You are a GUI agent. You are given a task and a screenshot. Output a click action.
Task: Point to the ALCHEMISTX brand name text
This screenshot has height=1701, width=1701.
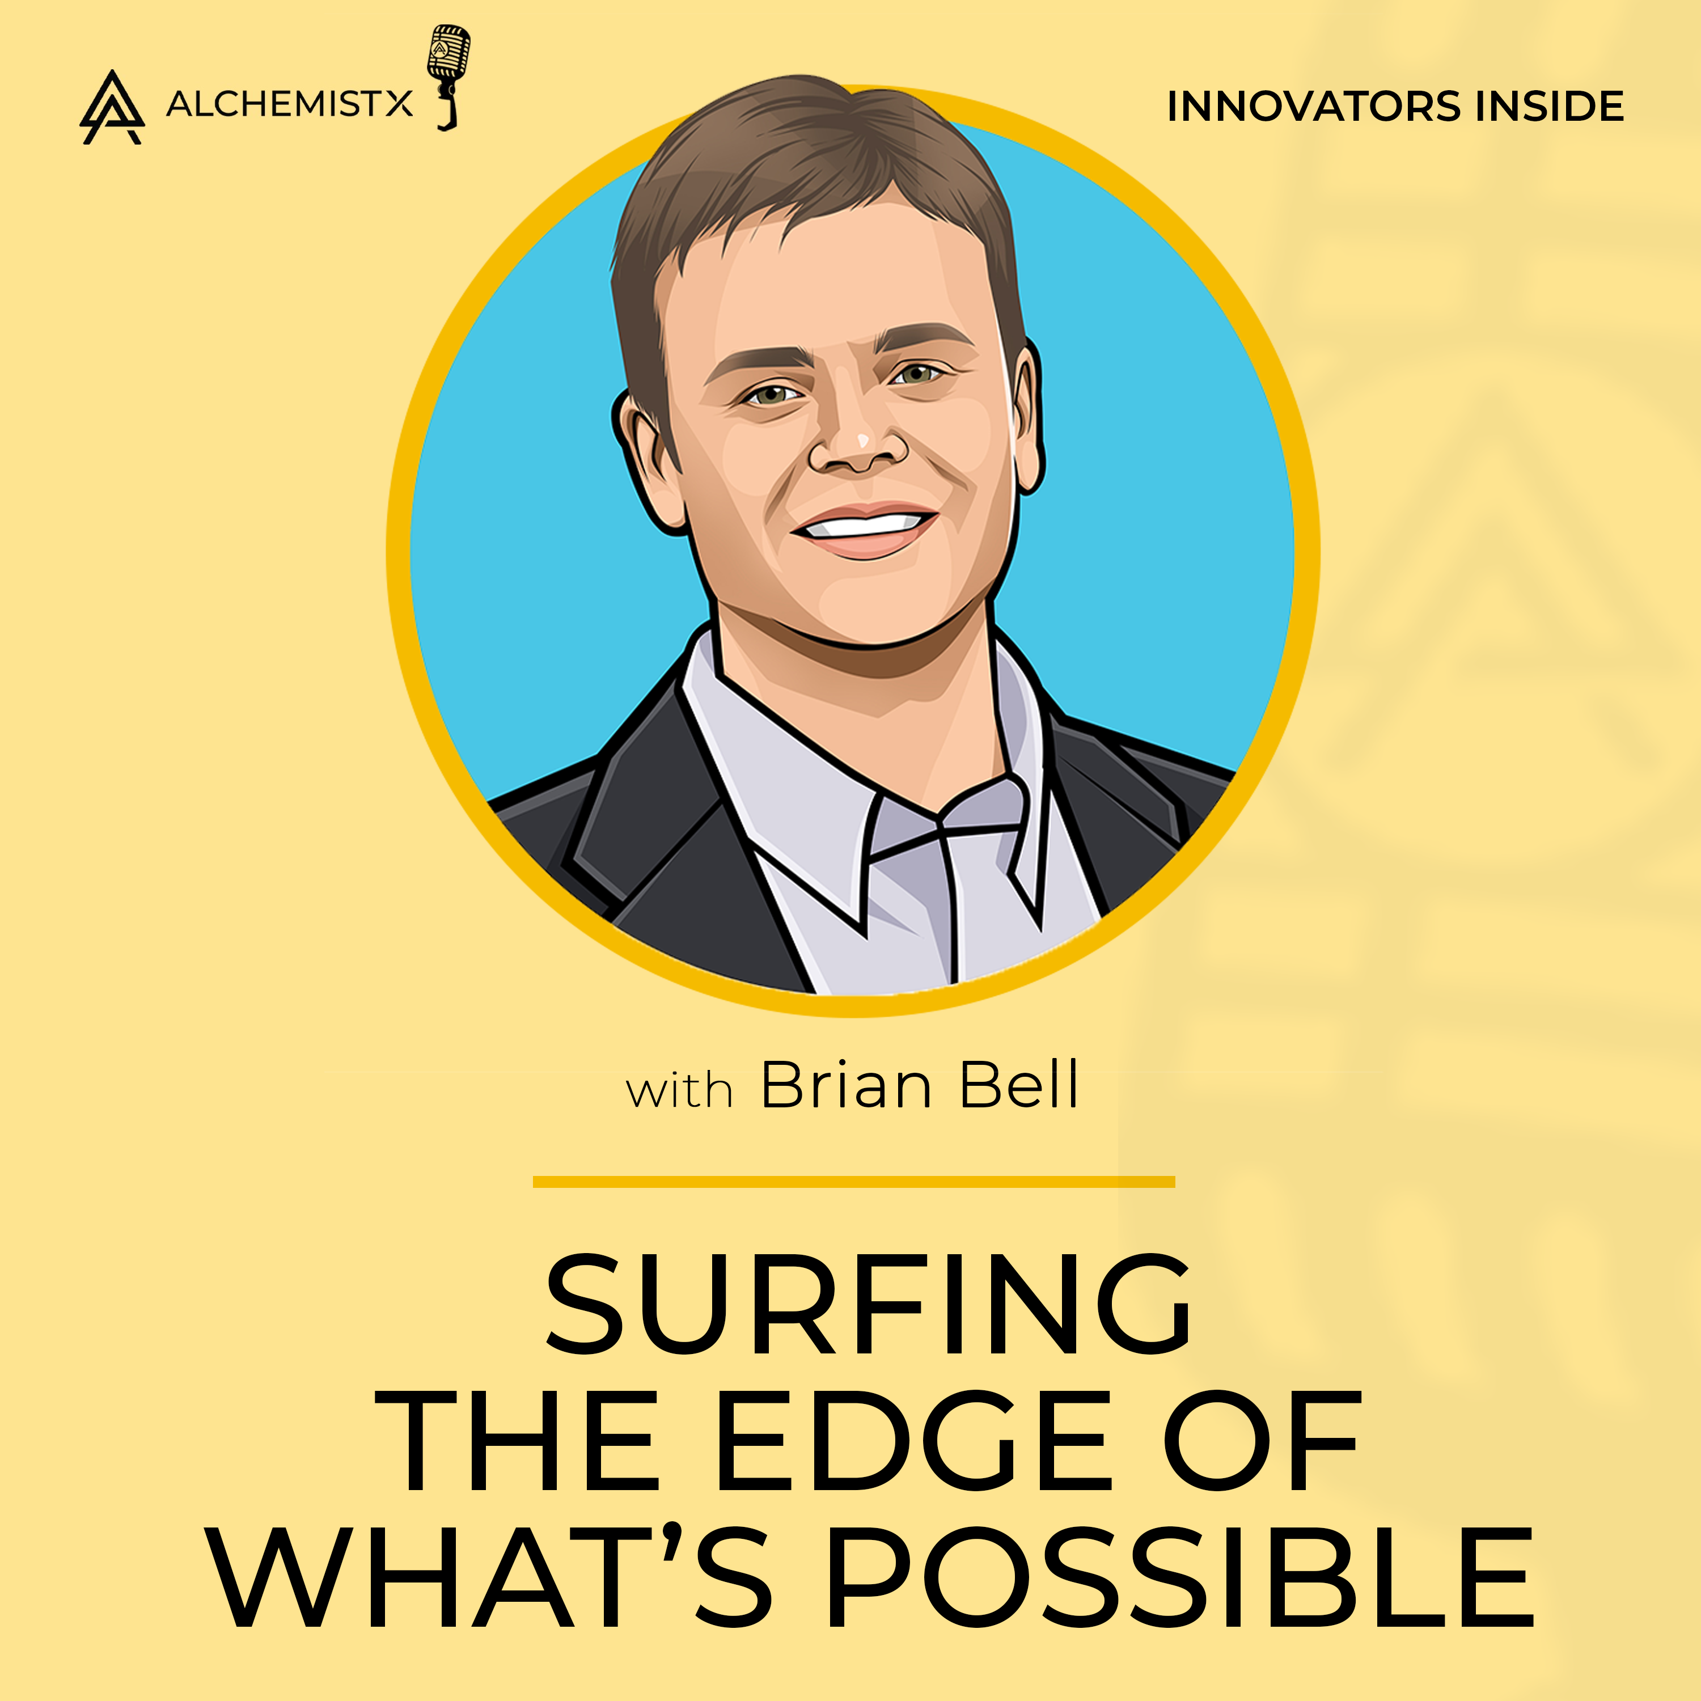289,105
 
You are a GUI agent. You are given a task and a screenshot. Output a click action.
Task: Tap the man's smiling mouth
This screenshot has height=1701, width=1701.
863,527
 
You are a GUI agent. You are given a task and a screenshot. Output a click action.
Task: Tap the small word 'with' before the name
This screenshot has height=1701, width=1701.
679,1091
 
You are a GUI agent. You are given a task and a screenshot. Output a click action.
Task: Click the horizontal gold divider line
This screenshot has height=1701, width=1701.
854,1182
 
